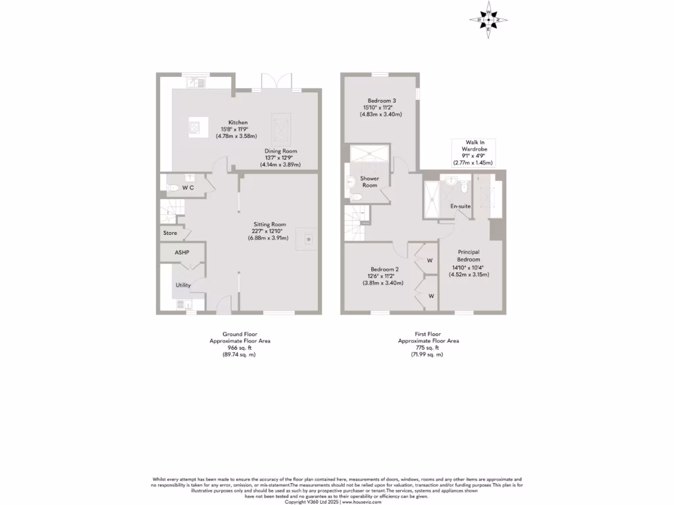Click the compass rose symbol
coord(488,20)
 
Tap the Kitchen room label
coord(238,122)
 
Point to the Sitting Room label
coord(270,224)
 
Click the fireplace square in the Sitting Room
coord(307,239)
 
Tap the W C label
coord(188,188)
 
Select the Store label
coord(170,233)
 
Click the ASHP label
coord(182,252)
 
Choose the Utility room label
coord(183,285)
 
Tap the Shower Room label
coord(369,181)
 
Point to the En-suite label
coord(459,206)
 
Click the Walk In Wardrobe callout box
coord(473,152)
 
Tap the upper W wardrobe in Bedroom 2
coord(429,260)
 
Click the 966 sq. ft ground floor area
coord(239,348)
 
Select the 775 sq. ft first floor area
coord(428,348)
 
